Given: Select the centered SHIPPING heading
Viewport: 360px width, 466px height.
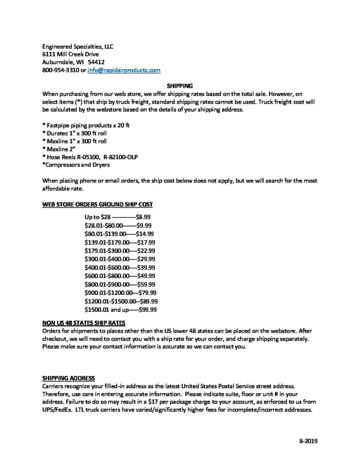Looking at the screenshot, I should (180, 85).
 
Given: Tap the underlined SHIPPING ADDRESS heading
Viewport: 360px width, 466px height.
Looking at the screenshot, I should (68, 377).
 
